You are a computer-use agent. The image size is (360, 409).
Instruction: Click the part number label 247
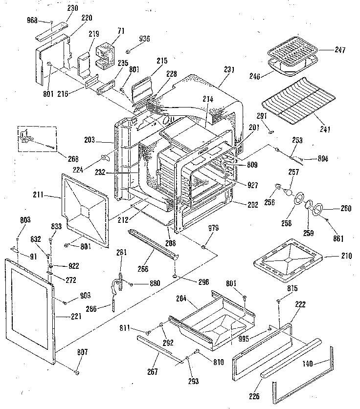click(x=340, y=50)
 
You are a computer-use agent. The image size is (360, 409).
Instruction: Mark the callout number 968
click(x=31, y=22)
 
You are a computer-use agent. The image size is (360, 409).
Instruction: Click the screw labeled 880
click(x=132, y=284)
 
